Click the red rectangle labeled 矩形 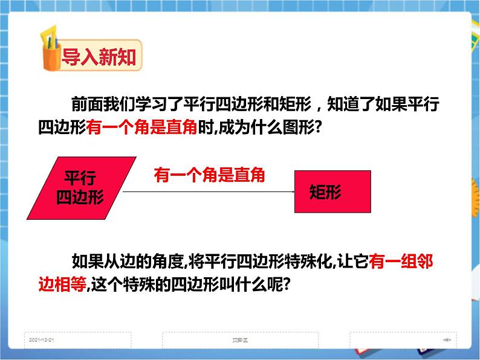tap(332, 191)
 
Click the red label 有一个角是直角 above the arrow tap(209, 175)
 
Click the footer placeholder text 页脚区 tap(242, 340)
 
